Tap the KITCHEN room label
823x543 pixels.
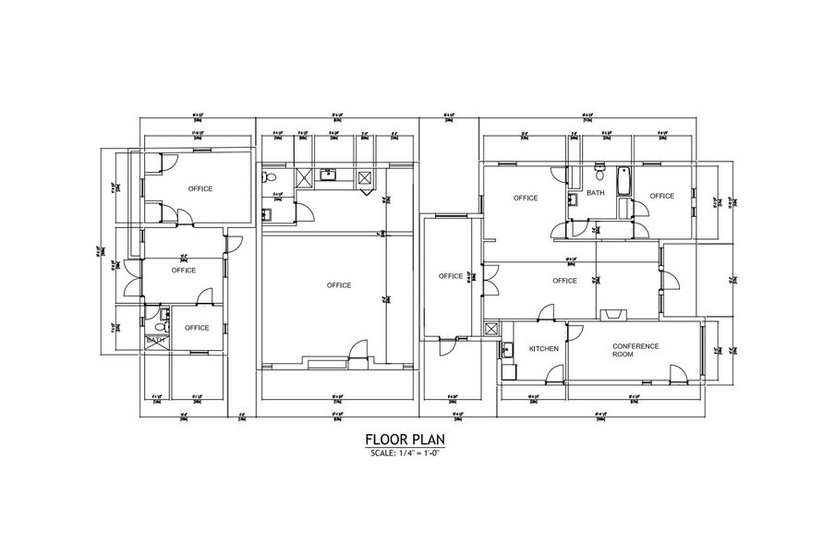point(543,349)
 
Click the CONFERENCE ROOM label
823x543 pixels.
point(635,349)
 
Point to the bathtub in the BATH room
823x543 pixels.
point(622,181)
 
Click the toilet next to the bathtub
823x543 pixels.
point(599,173)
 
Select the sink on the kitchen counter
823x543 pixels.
point(507,349)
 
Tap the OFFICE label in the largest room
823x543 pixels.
point(339,285)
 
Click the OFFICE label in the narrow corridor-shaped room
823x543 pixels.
point(450,276)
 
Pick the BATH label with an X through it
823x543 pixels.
point(155,341)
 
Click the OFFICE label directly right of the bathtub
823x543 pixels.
point(661,196)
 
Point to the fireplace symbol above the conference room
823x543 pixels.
point(611,314)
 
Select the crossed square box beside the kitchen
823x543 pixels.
point(491,329)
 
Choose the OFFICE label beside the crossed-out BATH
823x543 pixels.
point(195,328)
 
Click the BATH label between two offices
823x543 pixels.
point(596,194)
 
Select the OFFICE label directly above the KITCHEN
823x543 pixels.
point(564,281)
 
